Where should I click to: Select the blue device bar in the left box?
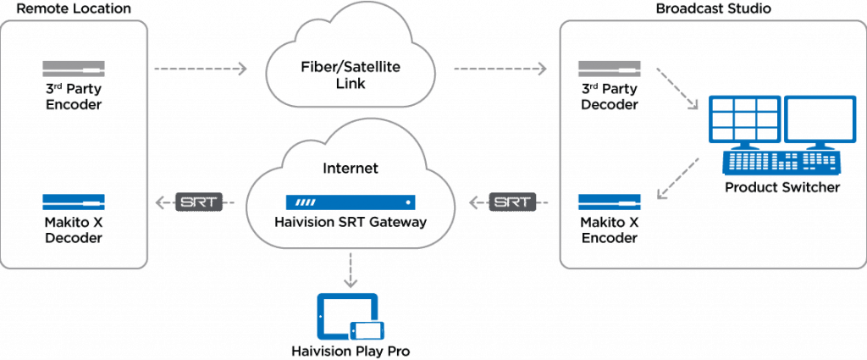[x=74, y=202]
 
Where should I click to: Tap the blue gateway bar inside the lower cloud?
[x=350, y=203]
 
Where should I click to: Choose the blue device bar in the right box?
[x=609, y=202]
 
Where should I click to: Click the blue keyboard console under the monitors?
[x=781, y=161]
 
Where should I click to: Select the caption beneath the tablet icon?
[x=351, y=350]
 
